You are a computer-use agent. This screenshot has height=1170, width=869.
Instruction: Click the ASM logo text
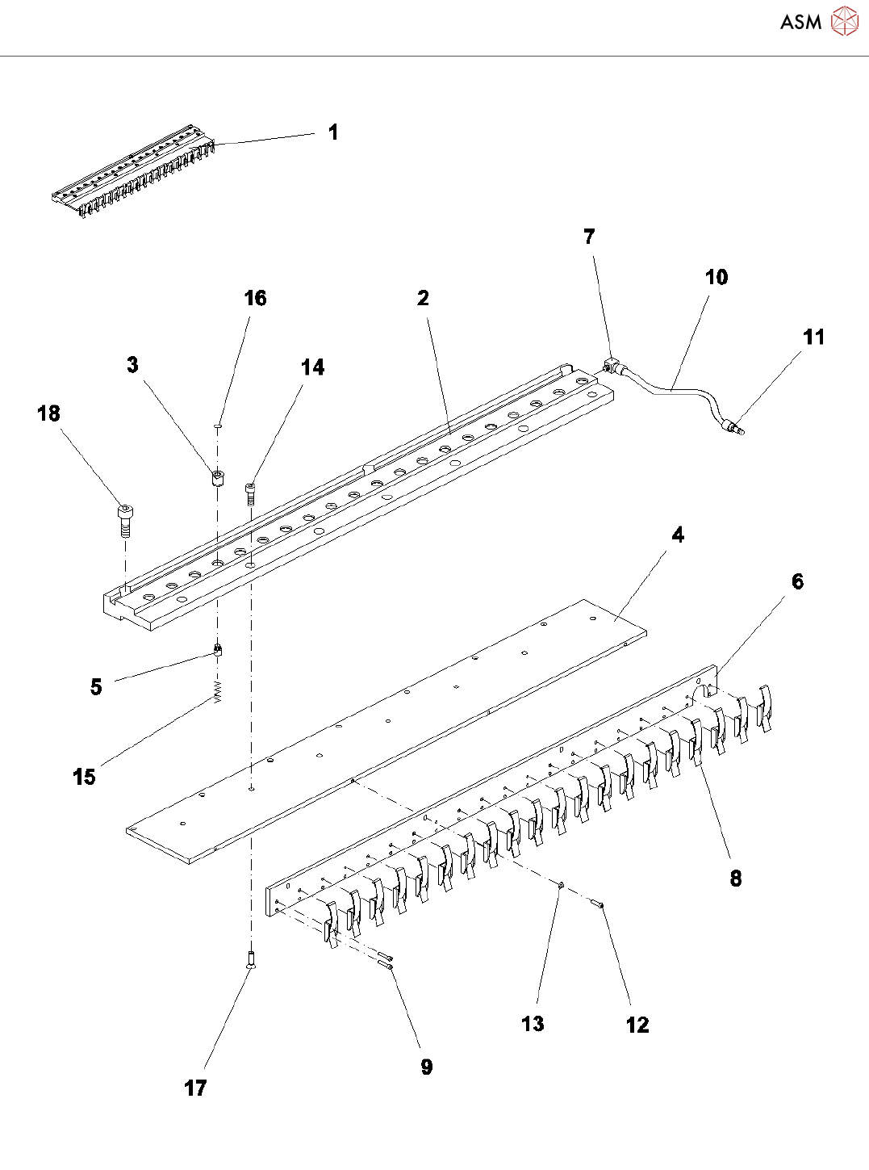800,23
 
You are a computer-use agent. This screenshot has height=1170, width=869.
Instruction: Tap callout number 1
333,132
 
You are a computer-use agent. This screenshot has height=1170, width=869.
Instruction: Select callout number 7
589,237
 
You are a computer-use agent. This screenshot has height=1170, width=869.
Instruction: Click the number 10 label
716,278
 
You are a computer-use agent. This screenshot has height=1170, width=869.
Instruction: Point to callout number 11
813,338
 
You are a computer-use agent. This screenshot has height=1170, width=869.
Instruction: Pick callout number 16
255,299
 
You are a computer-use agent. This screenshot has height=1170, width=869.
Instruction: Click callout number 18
48,413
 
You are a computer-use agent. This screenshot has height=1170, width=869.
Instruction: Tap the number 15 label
84,777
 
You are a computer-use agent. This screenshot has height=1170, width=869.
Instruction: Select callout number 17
195,1088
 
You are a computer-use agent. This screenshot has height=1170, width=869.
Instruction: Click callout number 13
533,1024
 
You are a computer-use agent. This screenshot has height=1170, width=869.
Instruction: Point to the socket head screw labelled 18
125,519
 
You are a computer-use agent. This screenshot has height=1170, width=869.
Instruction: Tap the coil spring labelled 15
217,692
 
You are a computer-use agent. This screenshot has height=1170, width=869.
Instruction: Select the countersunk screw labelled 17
251,959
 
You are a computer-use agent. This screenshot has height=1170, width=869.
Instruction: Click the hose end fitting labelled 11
733,426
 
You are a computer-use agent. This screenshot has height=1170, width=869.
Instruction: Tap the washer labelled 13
559,887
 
